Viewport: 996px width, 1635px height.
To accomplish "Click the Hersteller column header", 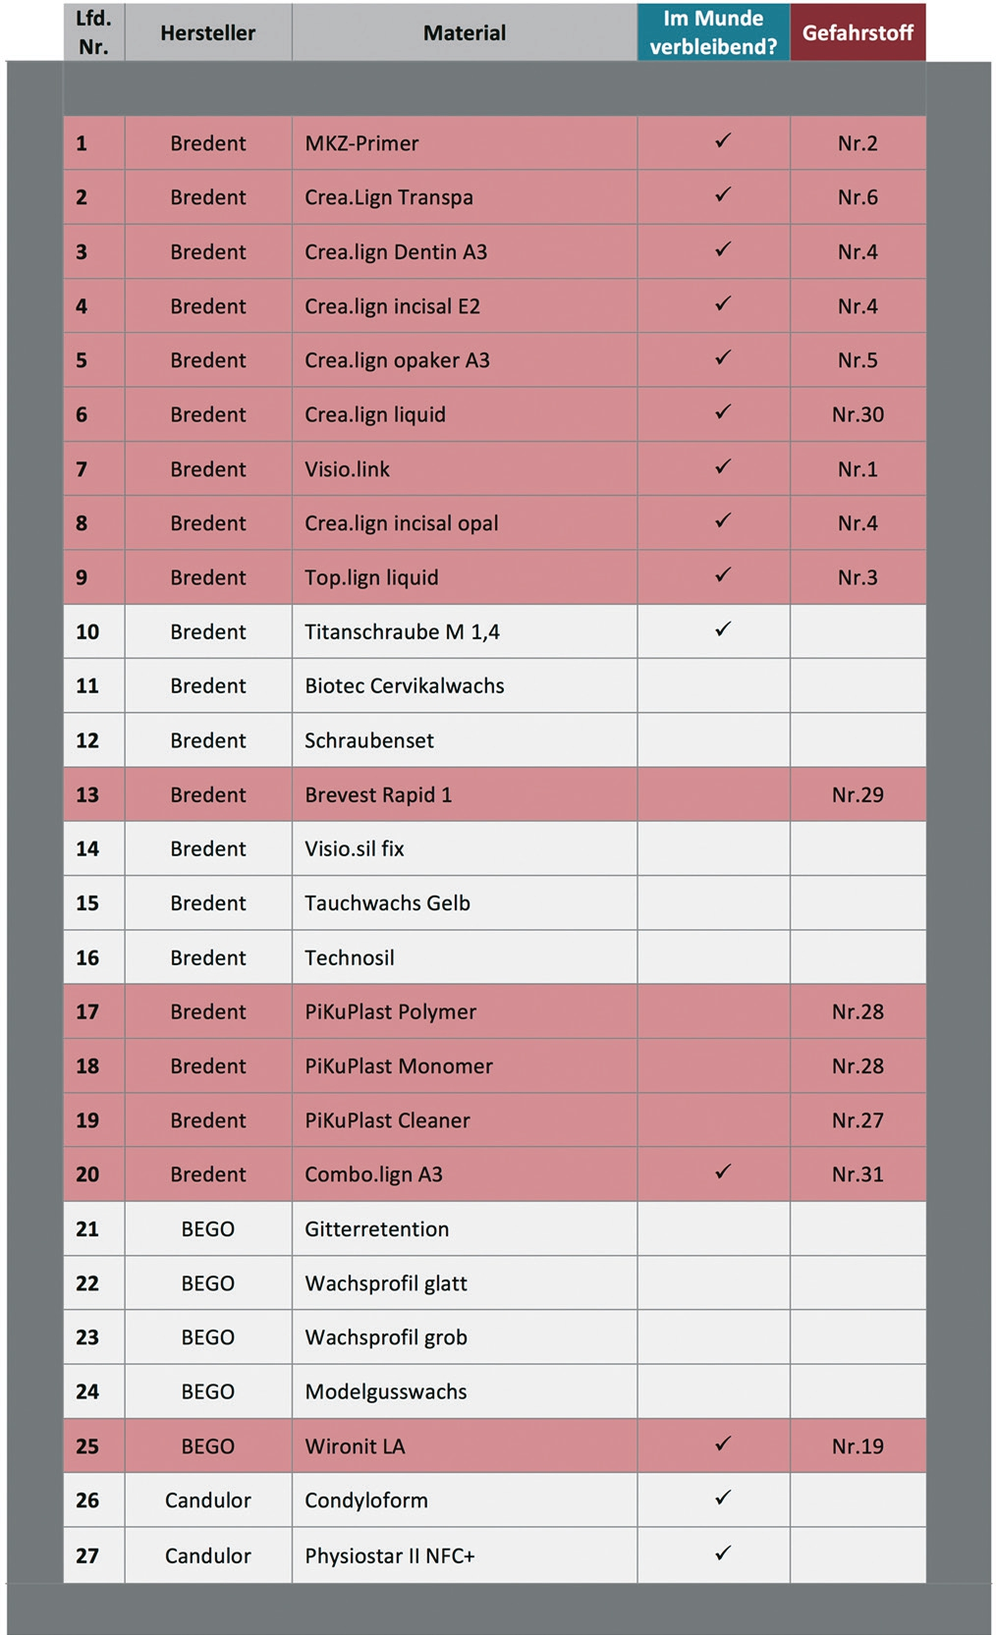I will (x=207, y=32).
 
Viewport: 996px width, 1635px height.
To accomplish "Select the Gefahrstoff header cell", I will (x=858, y=32).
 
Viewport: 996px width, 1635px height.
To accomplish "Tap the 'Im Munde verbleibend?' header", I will (x=713, y=32).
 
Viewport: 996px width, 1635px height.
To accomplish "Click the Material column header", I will (x=464, y=32).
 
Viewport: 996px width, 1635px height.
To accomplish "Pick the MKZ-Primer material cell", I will (x=361, y=143).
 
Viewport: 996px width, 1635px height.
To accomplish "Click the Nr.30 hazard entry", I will (x=858, y=414).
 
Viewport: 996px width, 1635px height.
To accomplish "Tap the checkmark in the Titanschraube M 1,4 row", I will (x=723, y=628).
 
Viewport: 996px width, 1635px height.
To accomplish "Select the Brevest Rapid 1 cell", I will (x=378, y=794).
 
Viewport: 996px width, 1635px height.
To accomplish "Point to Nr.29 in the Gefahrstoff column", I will (x=858, y=794).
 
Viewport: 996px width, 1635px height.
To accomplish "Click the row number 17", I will (x=87, y=1011).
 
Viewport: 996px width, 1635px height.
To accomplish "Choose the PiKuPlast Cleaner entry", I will (x=387, y=1120).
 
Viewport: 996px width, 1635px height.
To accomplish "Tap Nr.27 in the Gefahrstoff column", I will (x=858, y=1120).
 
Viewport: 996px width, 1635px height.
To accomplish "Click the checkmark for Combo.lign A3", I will (x=723, y=1172).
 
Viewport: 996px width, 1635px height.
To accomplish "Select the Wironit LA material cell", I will (x=355, y=1446).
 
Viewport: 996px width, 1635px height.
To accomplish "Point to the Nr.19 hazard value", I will (x=858, y=1446).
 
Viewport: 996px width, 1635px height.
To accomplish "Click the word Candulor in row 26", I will (x=207, y=1500).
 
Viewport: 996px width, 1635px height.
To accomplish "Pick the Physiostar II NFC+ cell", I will (x=389, y=1555).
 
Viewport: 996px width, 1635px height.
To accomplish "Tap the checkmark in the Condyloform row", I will (x=723, y=1498).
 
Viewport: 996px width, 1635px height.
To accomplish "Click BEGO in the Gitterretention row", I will (x=207, y=1229).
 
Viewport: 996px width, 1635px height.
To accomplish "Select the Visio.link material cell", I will (x=347, y=469).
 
